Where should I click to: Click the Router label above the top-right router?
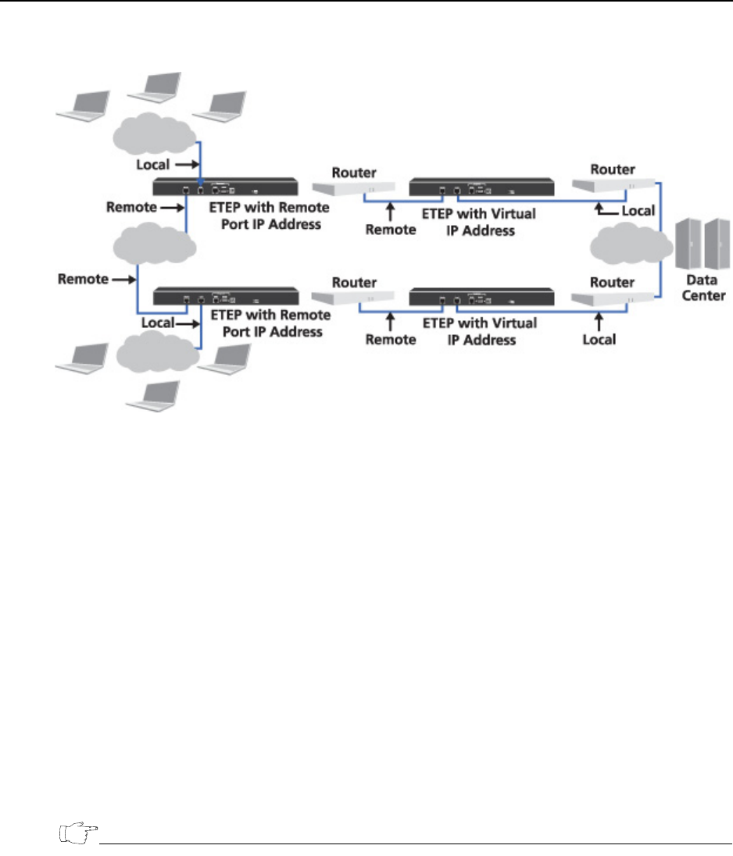pos(613,169)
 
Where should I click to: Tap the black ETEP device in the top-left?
pos(225,187)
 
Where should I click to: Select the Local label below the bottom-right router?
pos(599,339)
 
